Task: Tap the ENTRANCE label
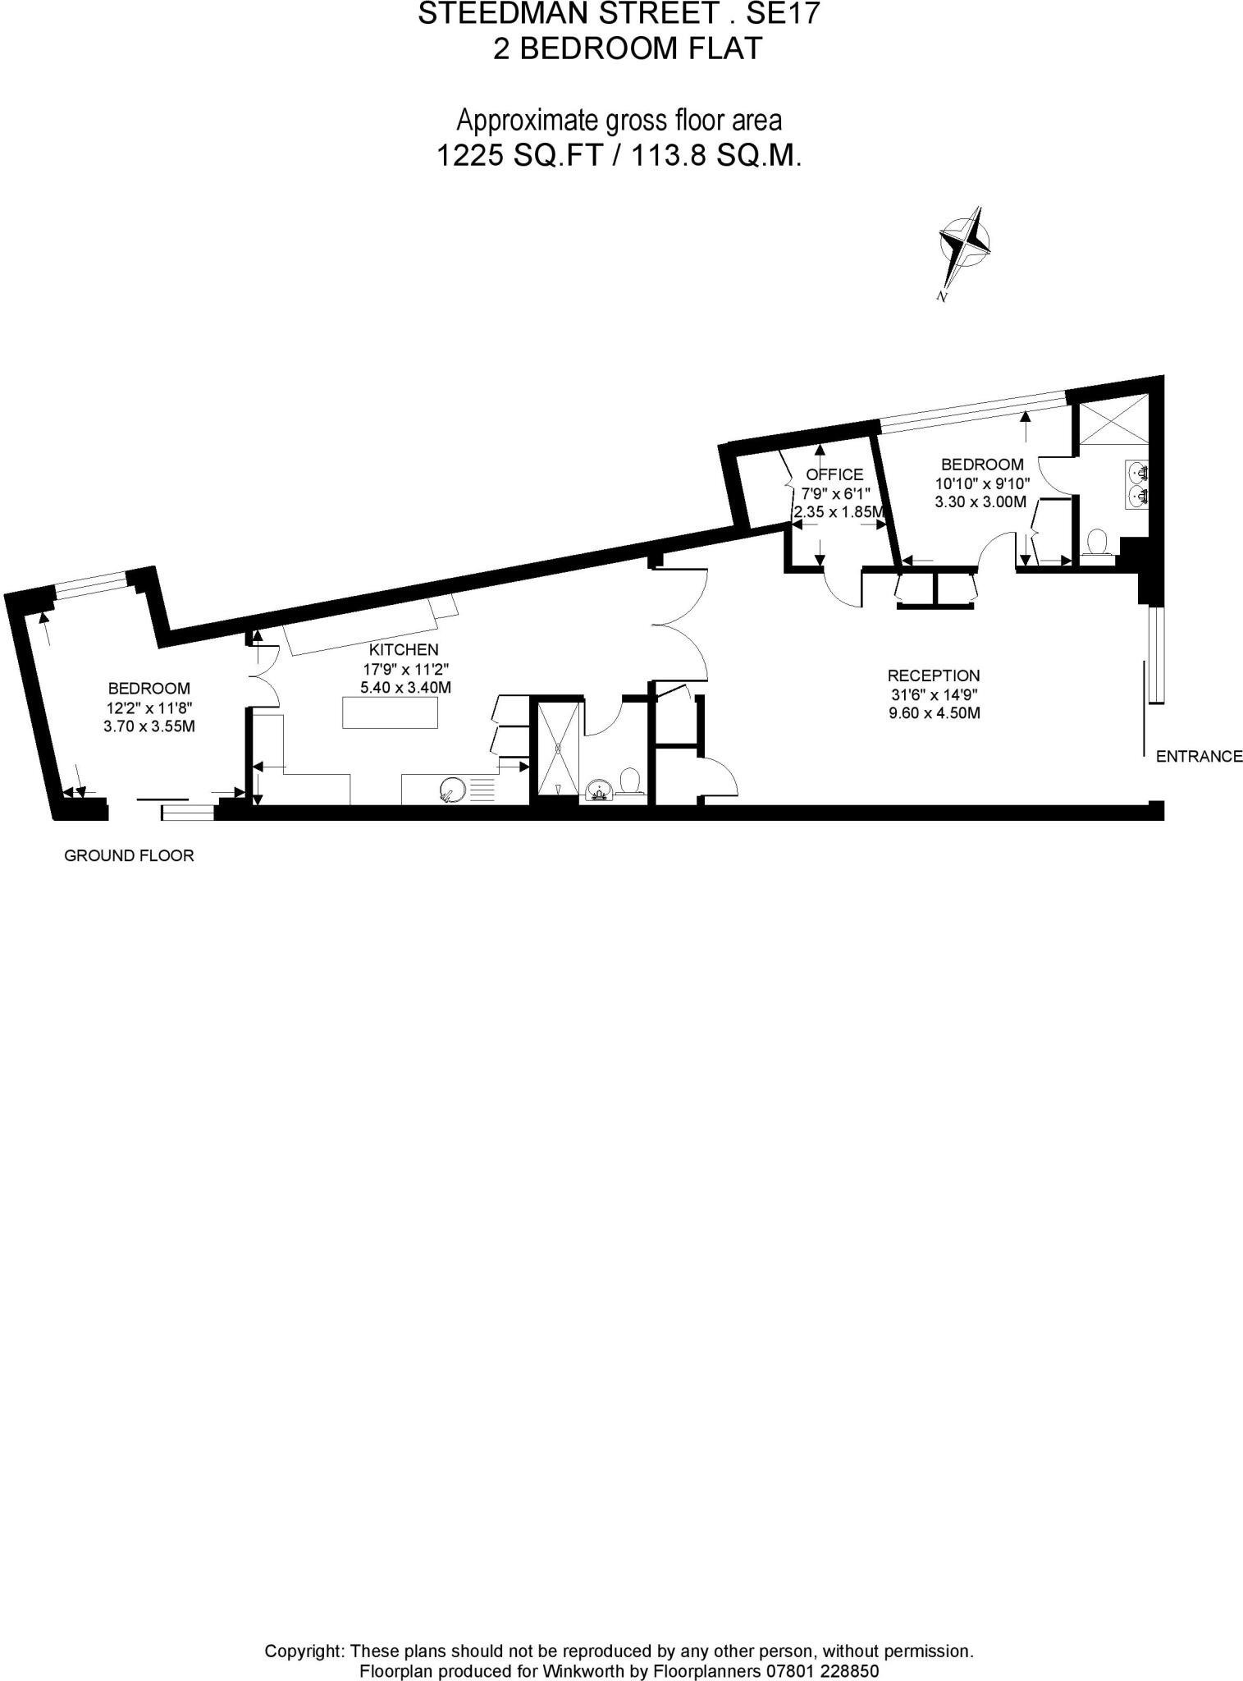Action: (x=1199, y=757)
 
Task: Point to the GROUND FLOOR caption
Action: (x=129, y=856)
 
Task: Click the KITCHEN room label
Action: (x=404, y=650)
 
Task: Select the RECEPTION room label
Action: (x=934, y=676)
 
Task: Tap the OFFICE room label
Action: (x=834, y=474)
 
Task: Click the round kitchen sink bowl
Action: (x=453, y=790)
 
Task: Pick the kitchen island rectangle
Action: (x=390, y=712)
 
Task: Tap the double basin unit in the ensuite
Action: (x=1137, y=484)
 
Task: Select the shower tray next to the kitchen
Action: (x=559, y=748)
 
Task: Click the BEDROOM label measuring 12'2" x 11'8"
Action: (x=149, y=689)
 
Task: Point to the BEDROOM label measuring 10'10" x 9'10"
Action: (x=982, y=465)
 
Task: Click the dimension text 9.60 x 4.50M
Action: (x=935, y=713)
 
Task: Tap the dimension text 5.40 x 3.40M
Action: (x=405, y=688)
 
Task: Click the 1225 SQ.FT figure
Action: (x=517, y=155)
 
